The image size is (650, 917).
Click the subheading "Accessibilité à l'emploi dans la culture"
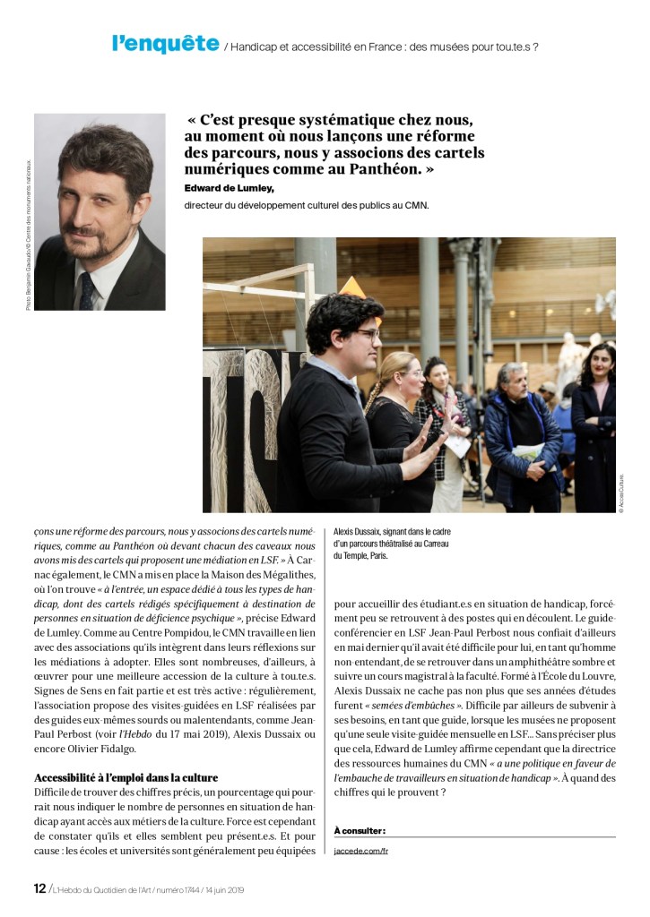point(126,777)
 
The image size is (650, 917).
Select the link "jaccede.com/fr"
point(360,850)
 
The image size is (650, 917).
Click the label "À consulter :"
point(360,830)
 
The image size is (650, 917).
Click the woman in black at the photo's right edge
point(594,421)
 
